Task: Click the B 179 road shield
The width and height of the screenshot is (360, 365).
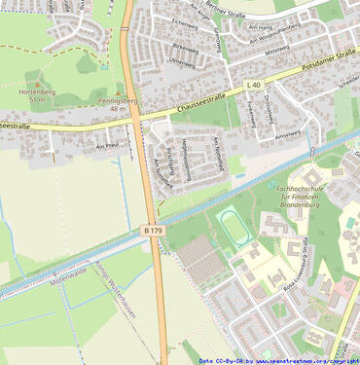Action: point(153,230)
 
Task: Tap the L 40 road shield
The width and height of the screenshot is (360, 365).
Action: point(254,86)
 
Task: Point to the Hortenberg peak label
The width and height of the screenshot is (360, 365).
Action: point(33,91)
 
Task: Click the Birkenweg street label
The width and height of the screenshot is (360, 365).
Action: point(184,46)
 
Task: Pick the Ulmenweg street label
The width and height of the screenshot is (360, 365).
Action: point(181,61)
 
